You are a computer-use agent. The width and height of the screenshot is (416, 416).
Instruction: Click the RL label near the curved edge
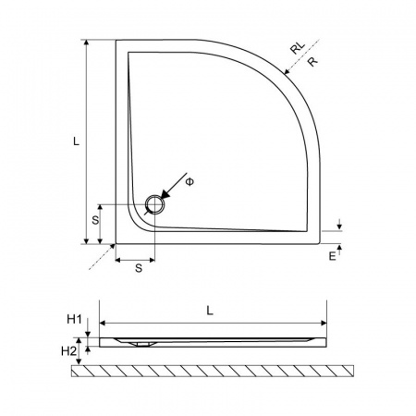click(x=298, y=48)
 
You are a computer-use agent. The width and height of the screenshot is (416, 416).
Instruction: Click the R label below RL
click(x=312, y=62)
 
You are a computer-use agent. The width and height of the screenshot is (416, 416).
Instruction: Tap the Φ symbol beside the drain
click(x=190, y=182)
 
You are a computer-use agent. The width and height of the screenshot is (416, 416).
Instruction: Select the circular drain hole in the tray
click(x=155, y=204)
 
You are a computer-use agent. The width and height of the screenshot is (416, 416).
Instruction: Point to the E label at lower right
click(x=332, y=256)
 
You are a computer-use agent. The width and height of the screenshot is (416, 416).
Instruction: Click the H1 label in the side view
click(x=74, y=320)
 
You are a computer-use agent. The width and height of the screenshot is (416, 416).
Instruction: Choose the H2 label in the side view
click(x=68, y=351)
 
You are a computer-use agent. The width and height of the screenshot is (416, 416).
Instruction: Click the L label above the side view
click(x=210, y=311)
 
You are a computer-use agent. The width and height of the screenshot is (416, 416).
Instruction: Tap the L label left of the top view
click(x=76, y=141)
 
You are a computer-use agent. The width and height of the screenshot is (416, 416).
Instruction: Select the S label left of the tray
click(x=95, y=220)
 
